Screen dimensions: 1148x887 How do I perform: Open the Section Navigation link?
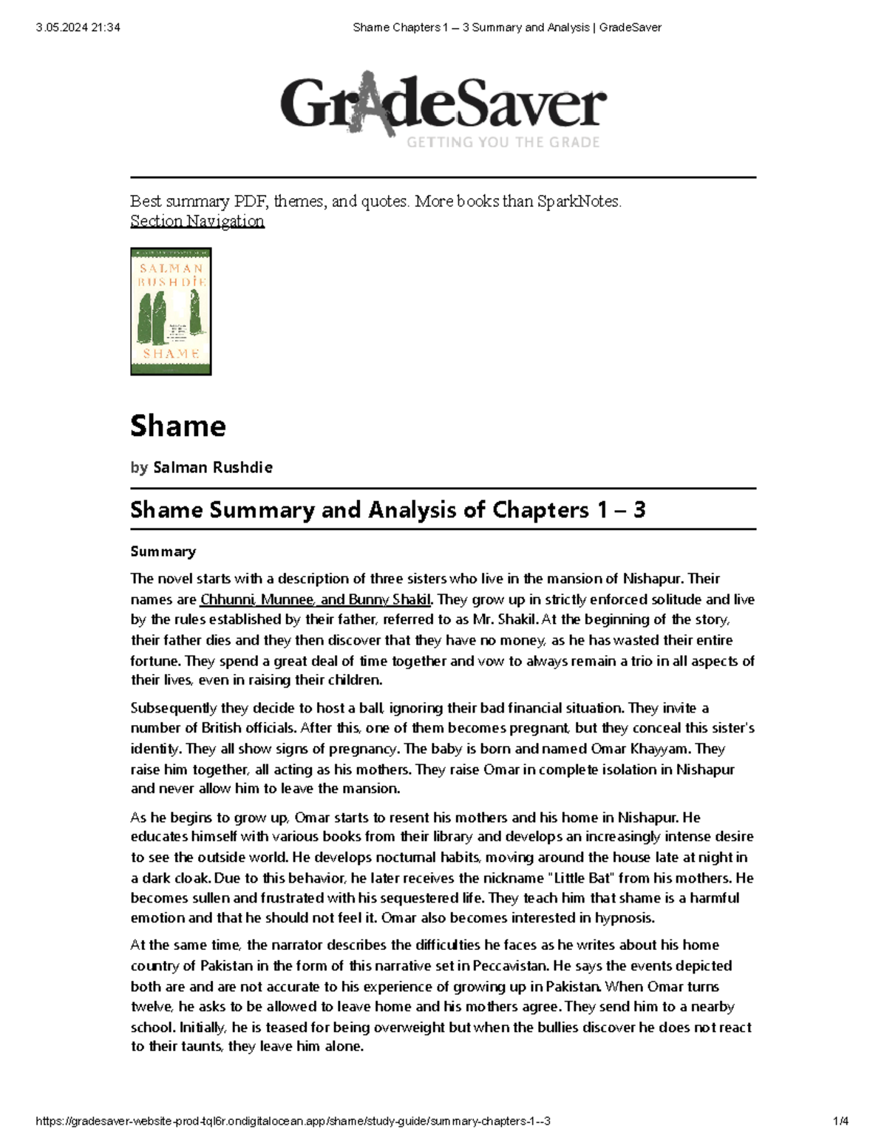point(197,221)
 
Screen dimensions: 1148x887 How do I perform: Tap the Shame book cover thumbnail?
point(171,311)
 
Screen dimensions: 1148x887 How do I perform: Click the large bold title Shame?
point(178,427)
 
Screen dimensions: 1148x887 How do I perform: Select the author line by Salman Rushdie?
point(201,467)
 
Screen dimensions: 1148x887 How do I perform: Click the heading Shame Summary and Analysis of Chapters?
point(387,509)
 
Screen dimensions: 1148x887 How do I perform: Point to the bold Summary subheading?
point(163,551)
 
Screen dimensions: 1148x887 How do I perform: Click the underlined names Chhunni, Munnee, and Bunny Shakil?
point(315,600)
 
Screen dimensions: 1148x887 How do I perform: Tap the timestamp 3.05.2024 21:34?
point(78,27)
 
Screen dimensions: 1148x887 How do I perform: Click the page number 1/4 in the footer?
point(840,1121)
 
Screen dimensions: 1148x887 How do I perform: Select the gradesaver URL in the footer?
point(293,1121)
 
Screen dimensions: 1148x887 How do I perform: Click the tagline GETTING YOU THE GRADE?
point(503,142)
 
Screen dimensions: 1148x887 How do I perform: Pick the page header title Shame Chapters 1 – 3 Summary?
point(507,27)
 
